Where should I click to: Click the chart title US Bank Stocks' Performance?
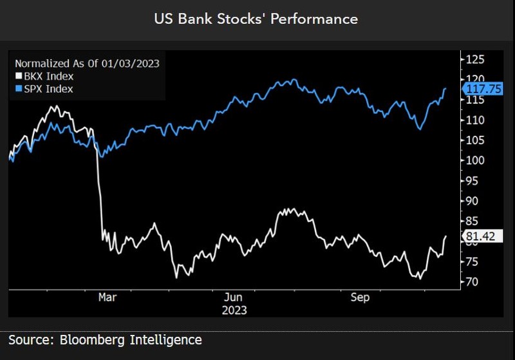256,19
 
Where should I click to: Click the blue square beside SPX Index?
19,89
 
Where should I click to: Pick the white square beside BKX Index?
19,76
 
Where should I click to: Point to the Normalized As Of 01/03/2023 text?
87,63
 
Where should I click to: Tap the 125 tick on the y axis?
476,60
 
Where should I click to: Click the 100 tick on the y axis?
476,160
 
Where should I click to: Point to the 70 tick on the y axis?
473,281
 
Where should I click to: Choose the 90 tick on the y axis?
473,201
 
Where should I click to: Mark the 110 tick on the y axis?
476,120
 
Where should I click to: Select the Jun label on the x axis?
233,298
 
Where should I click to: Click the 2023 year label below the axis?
233,310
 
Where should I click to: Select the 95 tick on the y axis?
473,180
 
